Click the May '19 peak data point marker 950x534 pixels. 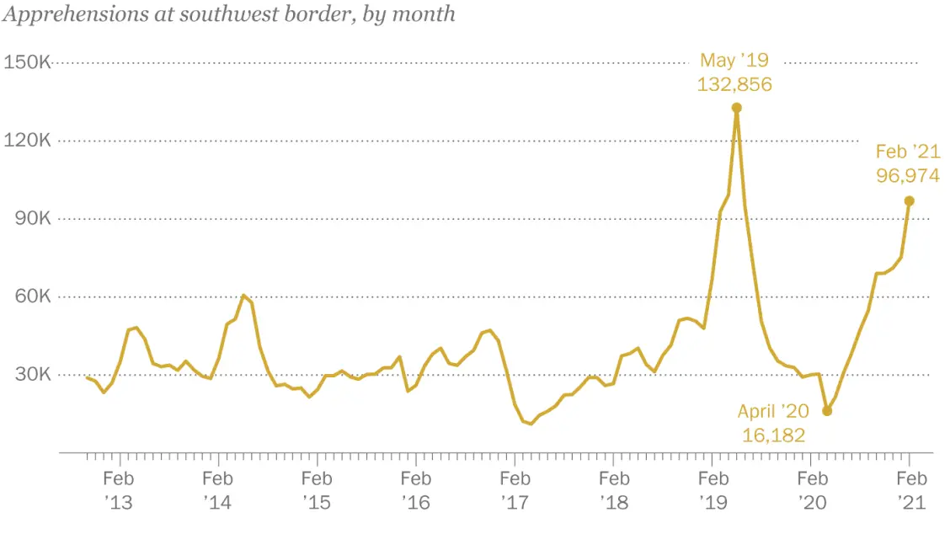(x=736, y=108)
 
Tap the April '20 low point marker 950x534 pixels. (x=827, y=411)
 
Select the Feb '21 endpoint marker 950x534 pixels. (x=910, y=200)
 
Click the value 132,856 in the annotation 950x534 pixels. (x=734, y=84)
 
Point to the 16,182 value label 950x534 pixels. (x=773, y=435)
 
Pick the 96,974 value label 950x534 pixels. (x=908, y=176)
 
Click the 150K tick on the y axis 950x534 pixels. (x=28, y=62)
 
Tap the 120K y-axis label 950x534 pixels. (x=28, y=141)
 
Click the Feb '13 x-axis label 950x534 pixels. (x=120, y=490)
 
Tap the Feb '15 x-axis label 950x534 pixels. (x=317, y=490)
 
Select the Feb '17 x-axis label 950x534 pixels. (x=515, y=490)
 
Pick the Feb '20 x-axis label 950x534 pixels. (x=811, y=490)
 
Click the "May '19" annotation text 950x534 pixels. (x=734, y=61)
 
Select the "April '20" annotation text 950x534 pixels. (x=773, y=412)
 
